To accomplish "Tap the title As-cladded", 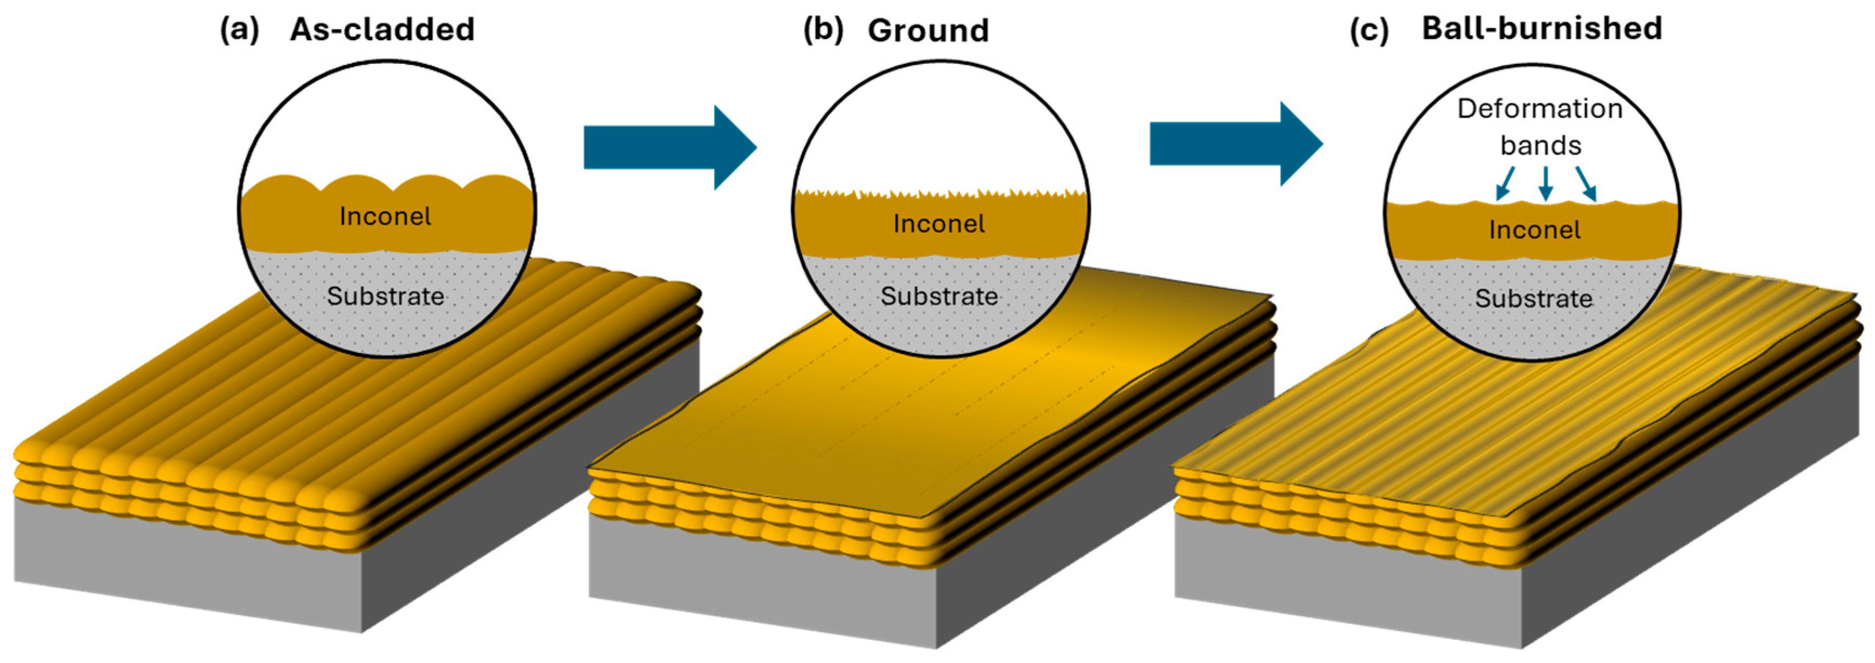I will (x=382, y=30).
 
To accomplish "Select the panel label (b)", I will (x=823, y=30).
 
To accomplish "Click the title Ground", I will (x=928, y=30).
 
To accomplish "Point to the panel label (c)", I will (x=1369, y=30).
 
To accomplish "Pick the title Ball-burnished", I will (x=1542, y=28).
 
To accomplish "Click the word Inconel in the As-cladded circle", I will (x=385, y=216).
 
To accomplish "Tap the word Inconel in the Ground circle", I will (x=939, y=224).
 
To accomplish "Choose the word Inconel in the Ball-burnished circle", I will (x=1534, y=230).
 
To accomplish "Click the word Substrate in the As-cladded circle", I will (x=385, y=296).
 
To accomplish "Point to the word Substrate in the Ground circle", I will (x=939, y=296).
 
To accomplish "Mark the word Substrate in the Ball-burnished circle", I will (x=1534, y=298).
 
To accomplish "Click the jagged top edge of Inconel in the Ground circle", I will (x=939, y=194).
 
